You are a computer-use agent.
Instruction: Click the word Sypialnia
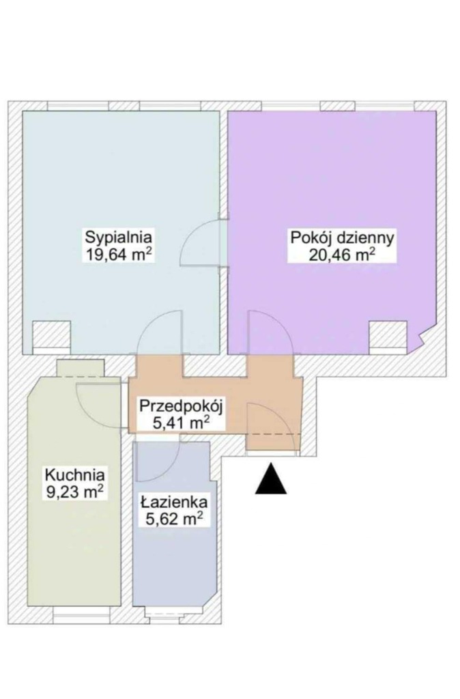(x=119, y=237)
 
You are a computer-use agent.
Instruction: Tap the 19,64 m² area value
(x=118, y=255)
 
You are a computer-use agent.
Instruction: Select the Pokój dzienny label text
(x=343, y=238)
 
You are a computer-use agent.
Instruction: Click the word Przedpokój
(x=181, y=406)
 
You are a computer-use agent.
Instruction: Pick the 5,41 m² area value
(x=181, y=422)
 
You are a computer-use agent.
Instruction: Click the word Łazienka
(x=174, y=502)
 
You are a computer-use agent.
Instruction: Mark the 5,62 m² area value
(x=174, y=519)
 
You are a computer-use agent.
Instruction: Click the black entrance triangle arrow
(x=270, y=479)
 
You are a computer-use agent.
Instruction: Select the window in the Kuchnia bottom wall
(x=81, y=618)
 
